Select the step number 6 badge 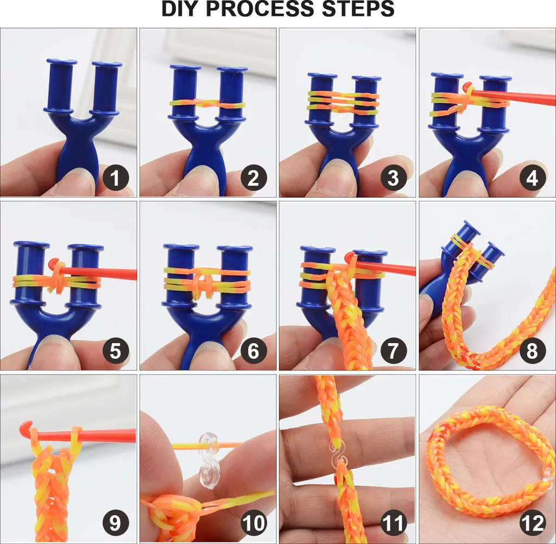pyautogui.click(x=254, y=351)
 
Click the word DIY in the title pyautogui.click(x=180, y=9)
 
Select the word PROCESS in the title pyautogui.click(x=260, y=9)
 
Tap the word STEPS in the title pyautogui.click(x=358, y=9)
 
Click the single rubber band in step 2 pyautogui.click(x=208, y=104)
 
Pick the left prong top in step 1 pyautogui.click(x=61, y=62)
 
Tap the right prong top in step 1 pyautogui.click(x=107, y=65)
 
